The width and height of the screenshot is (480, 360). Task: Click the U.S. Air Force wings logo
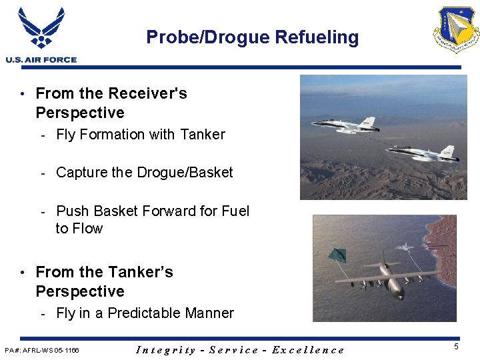(x=41, y=28)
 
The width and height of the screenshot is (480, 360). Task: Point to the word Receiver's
(x=150, y=93)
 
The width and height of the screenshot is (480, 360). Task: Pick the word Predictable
(x=144, y=313)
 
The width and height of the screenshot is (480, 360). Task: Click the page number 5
(x=456, y=347)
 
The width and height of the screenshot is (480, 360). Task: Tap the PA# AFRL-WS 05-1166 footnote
(x=41, y=350)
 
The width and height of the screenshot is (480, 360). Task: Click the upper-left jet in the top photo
(x=345, y=125)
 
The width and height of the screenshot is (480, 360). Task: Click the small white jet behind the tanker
(x=405, y=247)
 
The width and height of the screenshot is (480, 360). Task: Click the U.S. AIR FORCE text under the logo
(x=41, y=60)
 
